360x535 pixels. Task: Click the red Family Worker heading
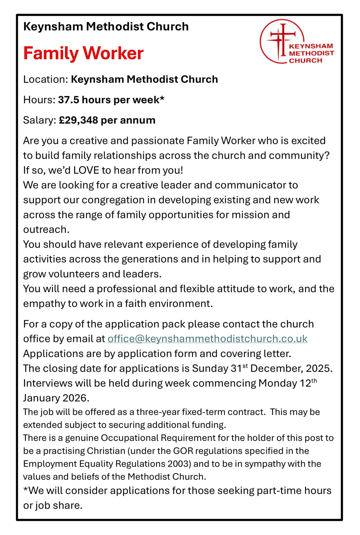[83, 53]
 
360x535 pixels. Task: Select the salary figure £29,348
[78, 120]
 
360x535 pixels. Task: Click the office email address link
[207, 339]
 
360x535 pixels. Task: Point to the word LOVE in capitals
[86, 170]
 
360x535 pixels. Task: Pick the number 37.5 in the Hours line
[68, 100]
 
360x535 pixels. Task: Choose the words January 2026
[56, 398]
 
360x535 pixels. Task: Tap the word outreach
[46, 230]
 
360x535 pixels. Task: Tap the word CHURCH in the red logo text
[305, 61]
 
